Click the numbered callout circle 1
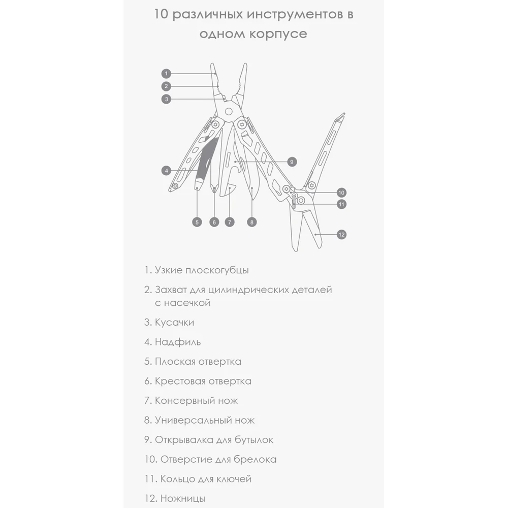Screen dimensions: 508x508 click(x=167, y=73)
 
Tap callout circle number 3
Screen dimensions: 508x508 click(x=167, y=99)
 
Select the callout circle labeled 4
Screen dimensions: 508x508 click(x=166, y=171)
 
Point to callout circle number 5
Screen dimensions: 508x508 click(x=197, y=221)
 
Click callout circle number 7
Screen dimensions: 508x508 click(x=231, y=221)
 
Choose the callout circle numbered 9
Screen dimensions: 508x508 click(x=291, y=162)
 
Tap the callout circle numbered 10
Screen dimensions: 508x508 click(x=341, y=193)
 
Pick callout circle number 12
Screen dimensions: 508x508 click(x=341, y=234)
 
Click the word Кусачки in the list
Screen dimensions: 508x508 click(x=174, y=322)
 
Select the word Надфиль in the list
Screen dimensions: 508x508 click(x=178, y=342)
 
